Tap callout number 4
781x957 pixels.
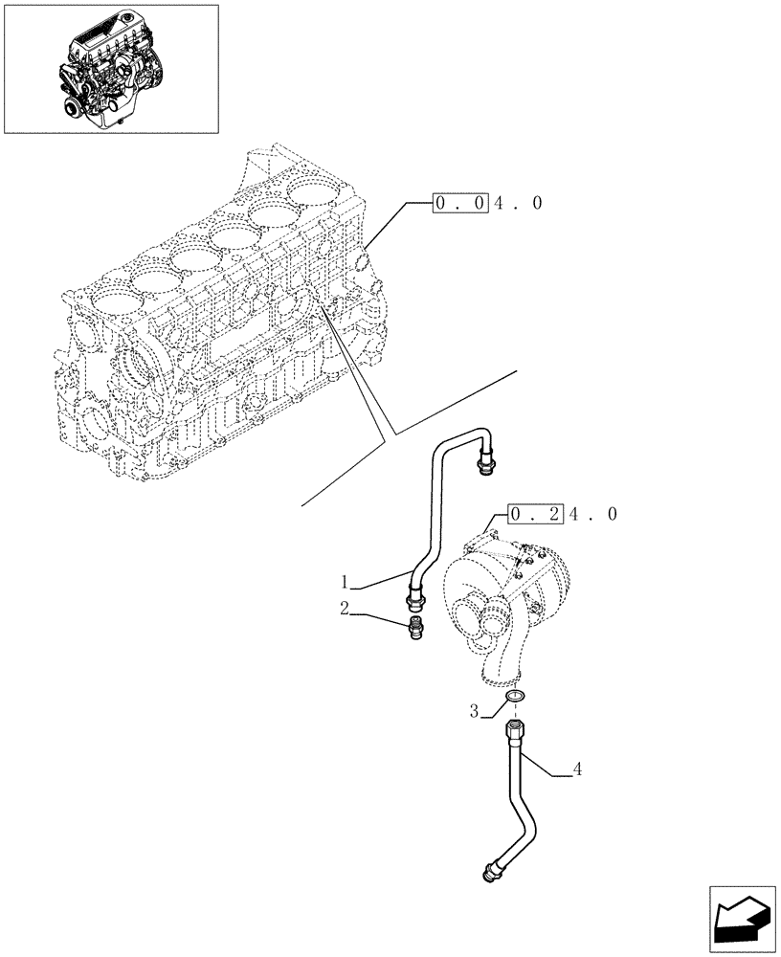point(578,768)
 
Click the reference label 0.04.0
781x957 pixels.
point(488,203)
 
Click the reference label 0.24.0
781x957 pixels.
point(564,514)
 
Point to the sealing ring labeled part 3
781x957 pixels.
point(514,697)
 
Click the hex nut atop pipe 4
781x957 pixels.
point(511,732)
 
